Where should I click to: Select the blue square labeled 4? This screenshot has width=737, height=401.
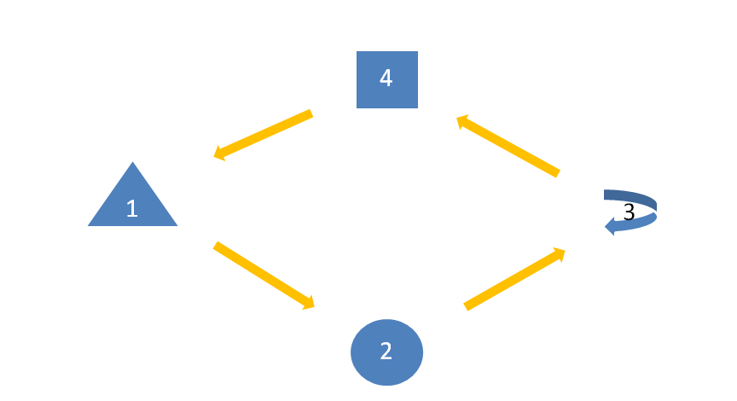pyautogui.click(x=387, y=79)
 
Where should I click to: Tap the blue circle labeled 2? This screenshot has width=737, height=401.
pyautogui.click(x=386, y=352)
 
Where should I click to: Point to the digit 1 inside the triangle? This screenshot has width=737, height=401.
pyautogui.click(x=132, y=208)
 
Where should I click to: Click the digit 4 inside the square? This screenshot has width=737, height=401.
pyautogui.click(x=386, y=78)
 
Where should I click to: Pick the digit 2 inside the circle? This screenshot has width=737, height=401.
pyautogui.click(x=386, y=352)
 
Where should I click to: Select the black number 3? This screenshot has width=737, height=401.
pyautogui.click(x=629, y=212)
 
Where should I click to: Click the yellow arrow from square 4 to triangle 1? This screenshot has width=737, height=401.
pyautogui.click(x=263, y=136)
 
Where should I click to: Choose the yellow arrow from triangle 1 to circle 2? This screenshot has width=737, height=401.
pyautogui.click(x=264, y=276)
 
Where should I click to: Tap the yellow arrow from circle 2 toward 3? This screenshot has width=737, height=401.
pyautogui.click(x=514, y=279)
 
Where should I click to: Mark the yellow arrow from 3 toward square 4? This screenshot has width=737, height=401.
pyautogui.click(x=508, y=146)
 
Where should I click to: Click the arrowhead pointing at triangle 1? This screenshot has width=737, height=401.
pyautogui.click(x=219, y=154)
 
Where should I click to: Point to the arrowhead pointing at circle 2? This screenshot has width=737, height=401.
pyautogui.click(x=309, y=303)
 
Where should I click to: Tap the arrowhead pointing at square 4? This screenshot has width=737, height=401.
pyautogui.click(x=462, y=121)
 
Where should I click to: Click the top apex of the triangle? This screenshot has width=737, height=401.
pyautogui.click(x=132, y=162)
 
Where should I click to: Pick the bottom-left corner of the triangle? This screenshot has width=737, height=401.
pyautogui.click(x=88, y=226)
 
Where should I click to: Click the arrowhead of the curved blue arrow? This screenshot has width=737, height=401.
pyautogui.click(x=610, y=226)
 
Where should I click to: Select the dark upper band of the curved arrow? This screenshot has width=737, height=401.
pyautogui.click(x=632, y=197)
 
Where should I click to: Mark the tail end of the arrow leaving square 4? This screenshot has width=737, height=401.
pyautogui.click(x=311, y=113)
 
